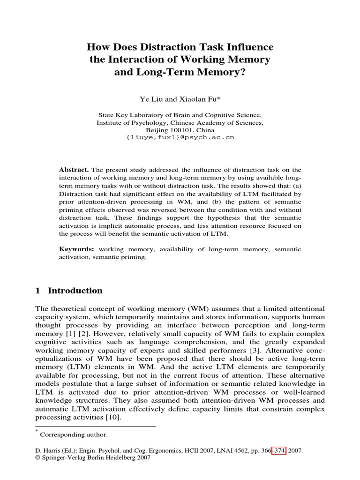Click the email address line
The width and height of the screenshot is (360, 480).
point(180,138)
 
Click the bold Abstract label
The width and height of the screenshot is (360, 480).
point(74,169)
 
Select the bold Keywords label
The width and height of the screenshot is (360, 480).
point(77,249)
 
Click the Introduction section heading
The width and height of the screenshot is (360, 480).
point(75,291)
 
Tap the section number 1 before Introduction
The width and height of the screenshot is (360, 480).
point(38,291)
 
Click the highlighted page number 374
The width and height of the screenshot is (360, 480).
point(280,450)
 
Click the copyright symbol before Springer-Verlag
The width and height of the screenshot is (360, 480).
point(38,457)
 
